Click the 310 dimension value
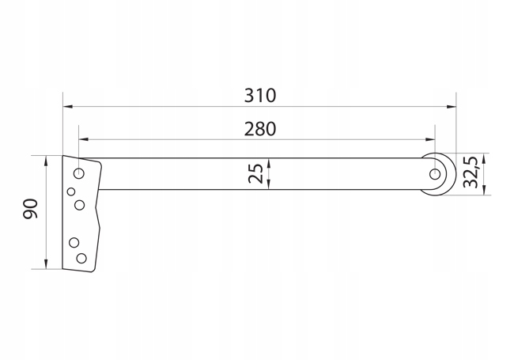(259, 96)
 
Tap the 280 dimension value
(259, 129)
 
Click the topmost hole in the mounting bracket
(79, 172)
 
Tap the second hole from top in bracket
(71, 191)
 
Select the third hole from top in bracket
(79, 205)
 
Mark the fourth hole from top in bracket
(74, 242)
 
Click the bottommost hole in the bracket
(80, 258)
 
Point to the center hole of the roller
(434, 173)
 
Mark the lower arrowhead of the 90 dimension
(47, 265)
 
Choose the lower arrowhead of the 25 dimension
(270, 185)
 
